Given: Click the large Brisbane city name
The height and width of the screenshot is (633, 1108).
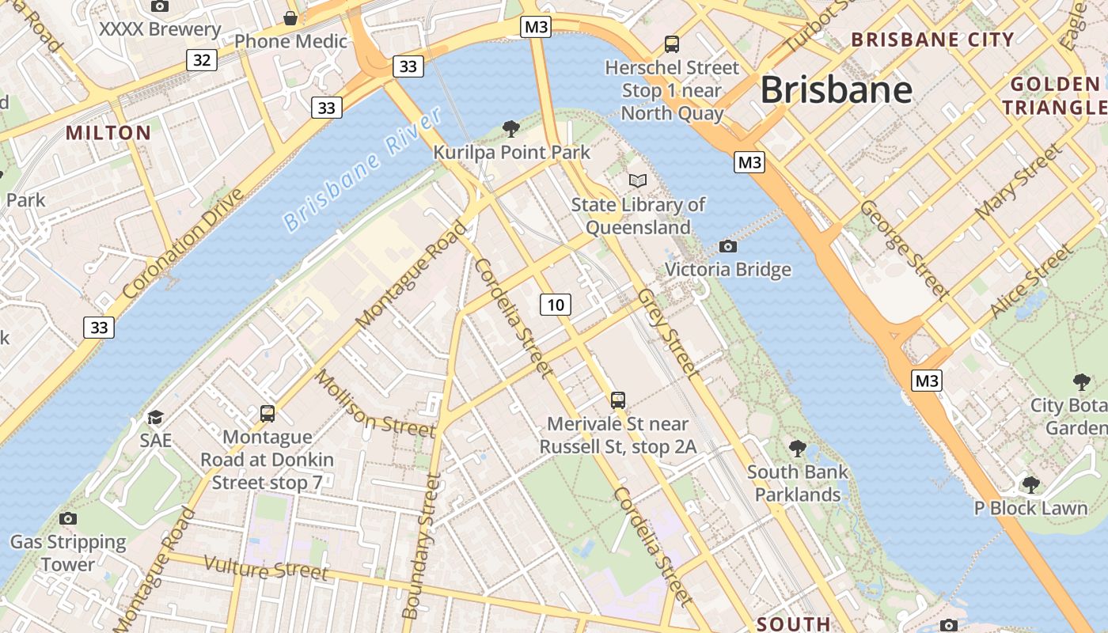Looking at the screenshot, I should tap(837, 89).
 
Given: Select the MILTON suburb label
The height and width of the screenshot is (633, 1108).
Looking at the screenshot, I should tap(108, 133).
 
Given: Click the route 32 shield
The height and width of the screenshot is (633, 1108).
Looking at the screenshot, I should tap(203, 60).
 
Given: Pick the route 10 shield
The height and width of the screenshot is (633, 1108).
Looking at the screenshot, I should tap(556, 305).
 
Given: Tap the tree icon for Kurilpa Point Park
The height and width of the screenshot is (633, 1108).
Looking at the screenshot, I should tap(511, 128).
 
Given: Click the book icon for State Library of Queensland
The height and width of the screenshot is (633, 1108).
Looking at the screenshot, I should tap(638, 180).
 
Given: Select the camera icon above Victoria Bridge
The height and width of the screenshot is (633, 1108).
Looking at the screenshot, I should tap(728, 246).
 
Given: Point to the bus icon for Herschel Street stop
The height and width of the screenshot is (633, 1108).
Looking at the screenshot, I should tap(672, 44).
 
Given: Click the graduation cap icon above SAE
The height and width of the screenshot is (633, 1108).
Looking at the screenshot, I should tap(155, 417).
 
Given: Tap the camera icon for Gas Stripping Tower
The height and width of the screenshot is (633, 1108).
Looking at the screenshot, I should tap(68, 518).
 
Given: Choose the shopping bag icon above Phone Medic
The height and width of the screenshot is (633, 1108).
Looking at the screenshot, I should tap(290, 17).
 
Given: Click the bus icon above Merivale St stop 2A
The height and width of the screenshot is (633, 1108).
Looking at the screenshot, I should tap(618, 400).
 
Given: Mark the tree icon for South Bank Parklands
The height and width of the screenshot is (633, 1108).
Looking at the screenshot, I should tap(798, 449).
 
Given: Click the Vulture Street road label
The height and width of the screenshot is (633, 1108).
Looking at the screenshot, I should tap(266, 568).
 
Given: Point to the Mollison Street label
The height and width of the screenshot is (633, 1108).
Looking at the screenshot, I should tap(375, 404).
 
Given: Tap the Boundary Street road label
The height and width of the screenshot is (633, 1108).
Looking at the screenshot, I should tap(421, 546).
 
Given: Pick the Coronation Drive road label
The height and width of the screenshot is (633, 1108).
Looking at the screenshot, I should tap(183, 244).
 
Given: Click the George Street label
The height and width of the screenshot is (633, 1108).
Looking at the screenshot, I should tap(905, 249).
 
